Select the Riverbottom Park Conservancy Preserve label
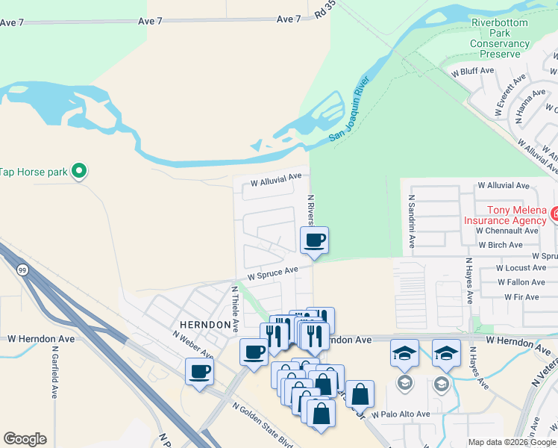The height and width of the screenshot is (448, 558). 500,38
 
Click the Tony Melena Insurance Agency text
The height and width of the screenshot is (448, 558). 505,215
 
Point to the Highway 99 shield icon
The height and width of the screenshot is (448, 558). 24,270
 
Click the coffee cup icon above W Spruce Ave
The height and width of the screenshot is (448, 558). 314,240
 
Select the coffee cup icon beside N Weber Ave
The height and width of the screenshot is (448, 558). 199,371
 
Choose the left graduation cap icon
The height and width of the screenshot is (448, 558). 404,353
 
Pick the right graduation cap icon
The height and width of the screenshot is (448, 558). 446,353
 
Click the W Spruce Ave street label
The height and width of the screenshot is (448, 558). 273,273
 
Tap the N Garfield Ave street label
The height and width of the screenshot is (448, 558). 54,372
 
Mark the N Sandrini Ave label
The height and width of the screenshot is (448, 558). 411,222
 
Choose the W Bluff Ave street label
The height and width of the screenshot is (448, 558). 473,71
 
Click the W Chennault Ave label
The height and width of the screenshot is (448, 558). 507,231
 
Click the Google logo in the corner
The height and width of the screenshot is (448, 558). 25,439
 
